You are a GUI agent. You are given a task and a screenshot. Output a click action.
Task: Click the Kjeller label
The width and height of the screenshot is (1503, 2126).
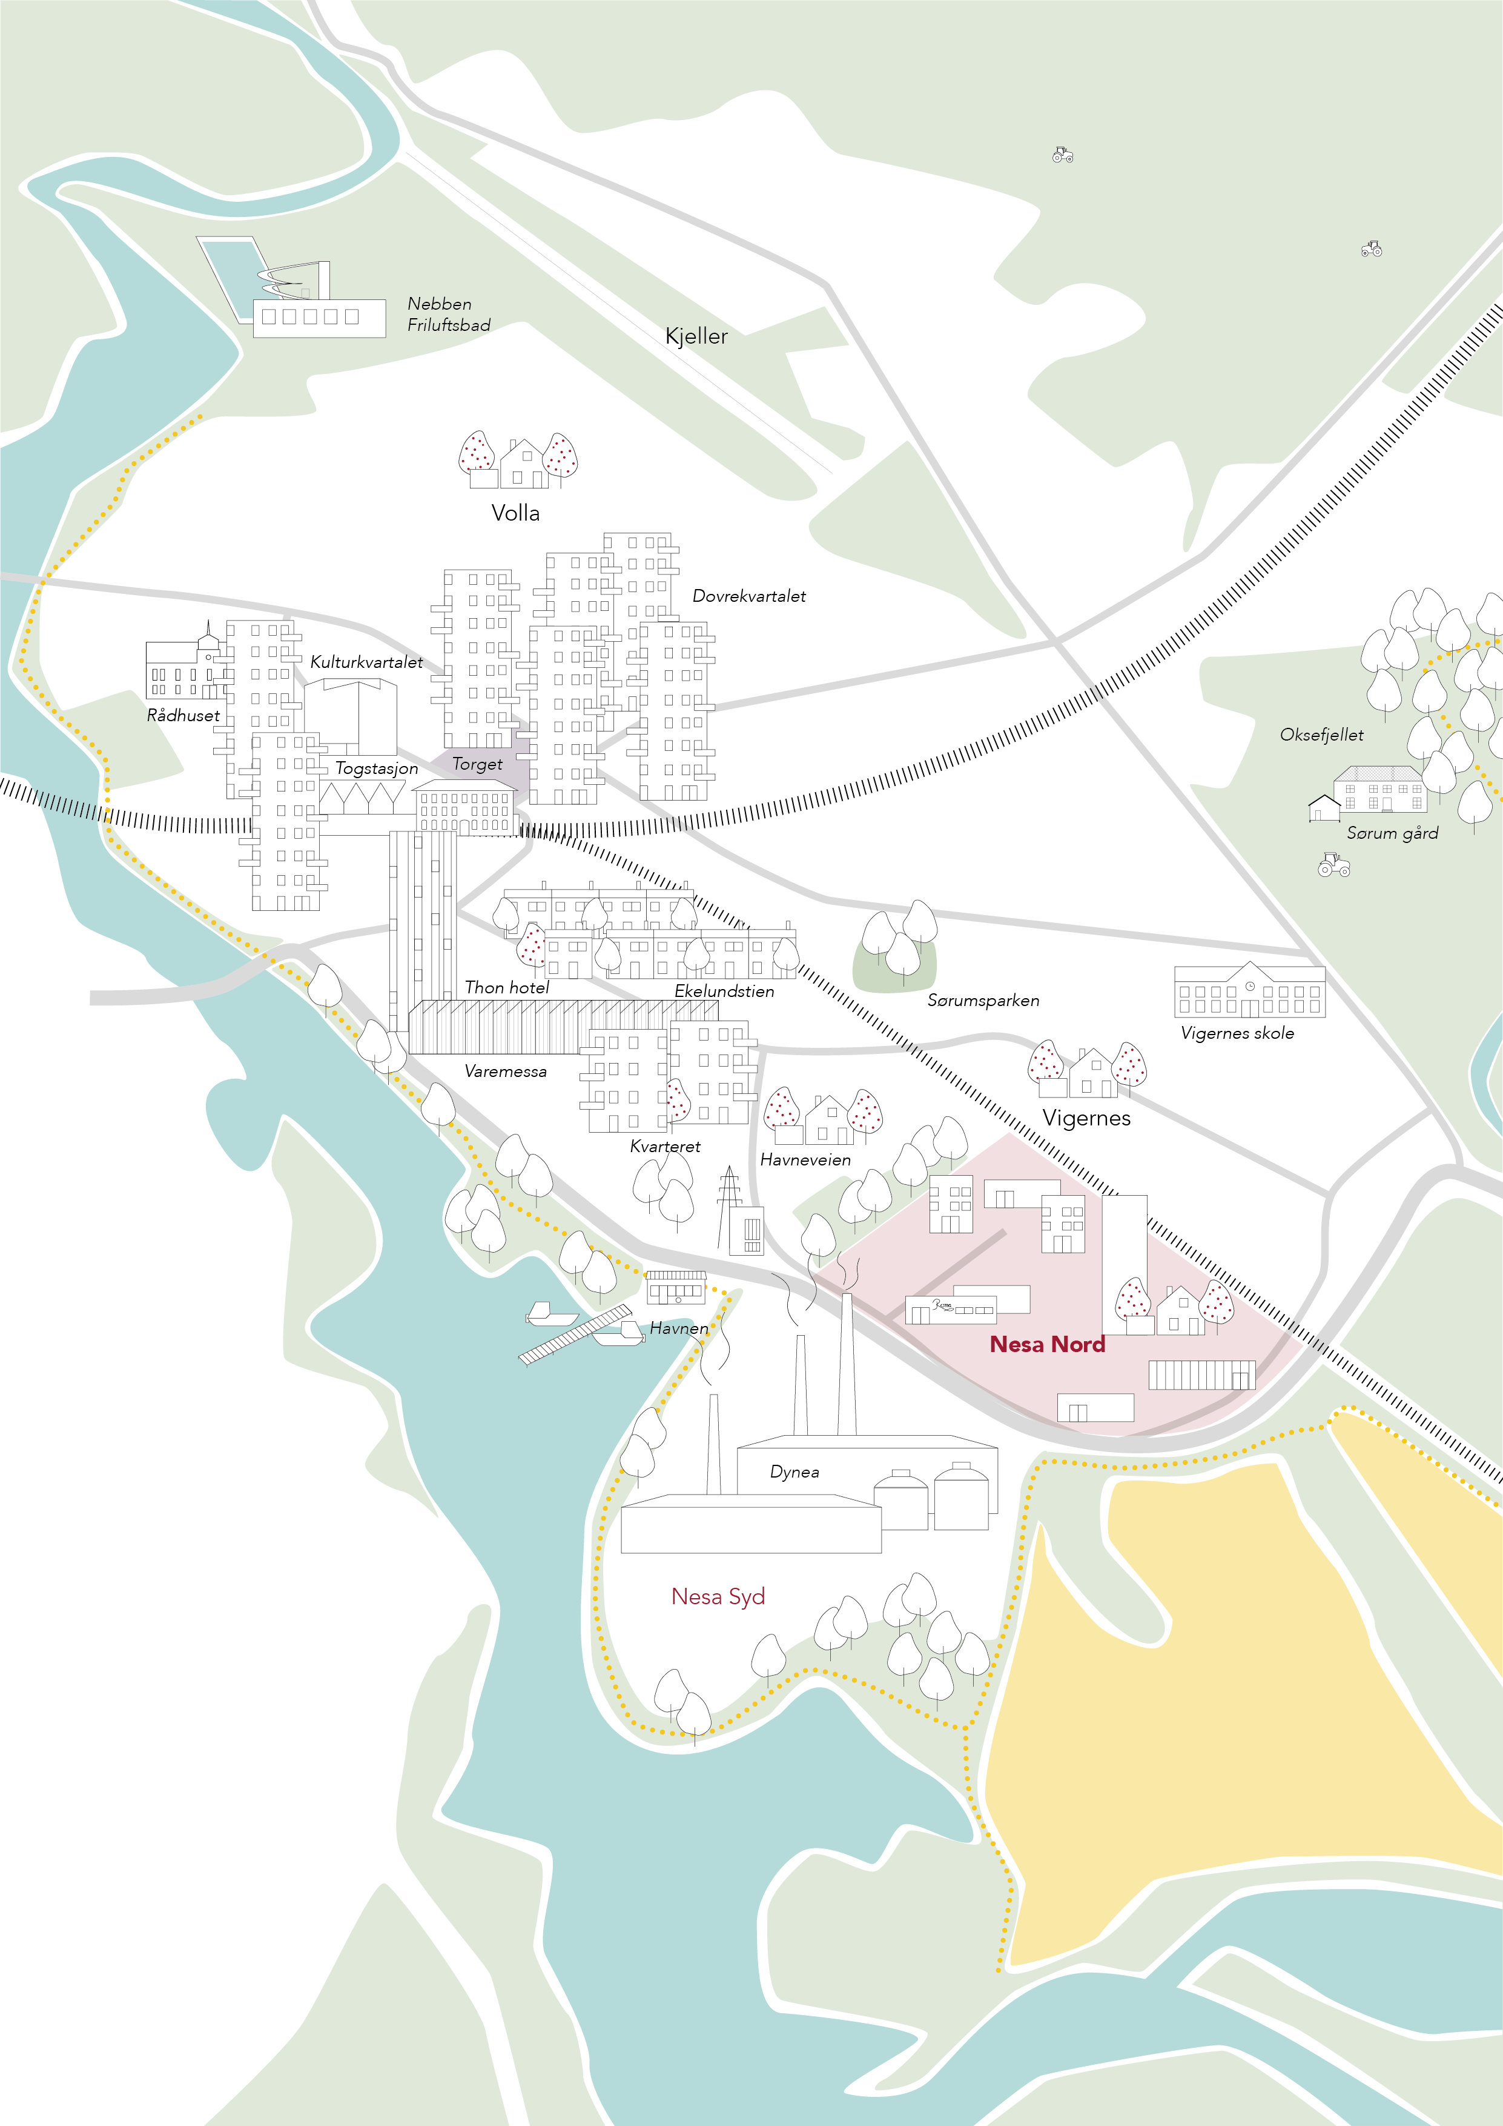point(696,336)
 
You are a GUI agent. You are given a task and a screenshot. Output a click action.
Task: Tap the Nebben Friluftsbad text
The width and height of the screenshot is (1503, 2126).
point(448,314)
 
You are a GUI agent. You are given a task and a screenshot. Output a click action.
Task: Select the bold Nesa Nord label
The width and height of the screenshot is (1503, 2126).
point(1047,1344)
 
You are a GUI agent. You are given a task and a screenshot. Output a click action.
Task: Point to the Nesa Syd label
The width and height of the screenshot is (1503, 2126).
point(718,1596)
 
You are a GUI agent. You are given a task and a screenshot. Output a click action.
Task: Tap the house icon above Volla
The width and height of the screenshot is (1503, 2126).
point(523,464)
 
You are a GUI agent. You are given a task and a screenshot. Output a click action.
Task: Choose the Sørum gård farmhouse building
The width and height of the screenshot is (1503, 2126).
point(1378,789)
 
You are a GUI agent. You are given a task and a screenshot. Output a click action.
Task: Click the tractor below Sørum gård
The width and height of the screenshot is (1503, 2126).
point(1333,864)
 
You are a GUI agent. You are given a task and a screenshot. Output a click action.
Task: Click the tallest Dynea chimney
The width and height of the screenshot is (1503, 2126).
point(846,1366)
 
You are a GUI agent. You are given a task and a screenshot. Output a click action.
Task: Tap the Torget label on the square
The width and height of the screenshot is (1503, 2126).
point(477,764)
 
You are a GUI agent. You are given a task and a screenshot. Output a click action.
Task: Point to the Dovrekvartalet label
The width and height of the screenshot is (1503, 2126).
point(748,596)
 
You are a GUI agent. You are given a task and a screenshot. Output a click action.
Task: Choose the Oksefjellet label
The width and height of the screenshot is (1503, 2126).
point(1321,735)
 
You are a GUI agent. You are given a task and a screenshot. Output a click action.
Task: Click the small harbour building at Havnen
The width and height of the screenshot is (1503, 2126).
point(676,1287)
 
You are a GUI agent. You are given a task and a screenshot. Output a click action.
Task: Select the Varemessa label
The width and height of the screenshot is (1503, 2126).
point(505,1071)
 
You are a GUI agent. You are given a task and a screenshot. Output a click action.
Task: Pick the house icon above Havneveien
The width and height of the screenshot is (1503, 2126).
point(828,1121)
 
